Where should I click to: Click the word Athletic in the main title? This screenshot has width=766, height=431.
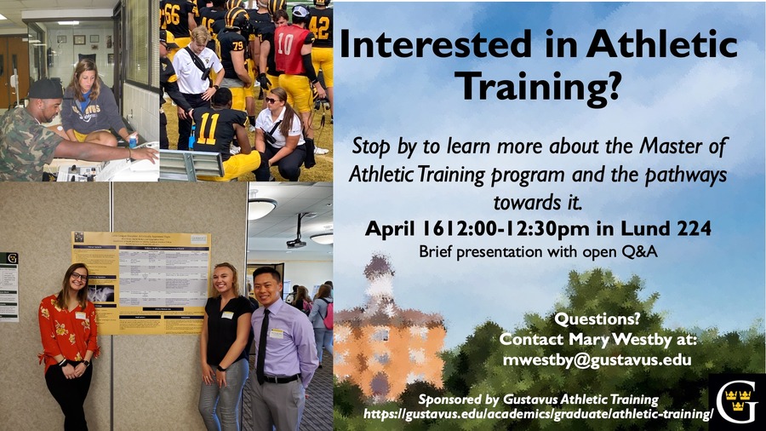click(x=662, y=44)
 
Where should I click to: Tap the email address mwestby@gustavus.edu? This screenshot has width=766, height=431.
click(x=597, y=360)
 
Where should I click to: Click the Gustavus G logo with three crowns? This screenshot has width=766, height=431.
click(x=737, y=402)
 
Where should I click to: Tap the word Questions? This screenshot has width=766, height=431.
click(x=597, y=319)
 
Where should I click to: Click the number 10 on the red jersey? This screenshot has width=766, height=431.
click(x=286, y=44)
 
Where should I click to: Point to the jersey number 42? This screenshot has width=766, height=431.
click(x=318, y=27)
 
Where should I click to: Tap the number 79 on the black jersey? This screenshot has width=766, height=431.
click(x=237, y=45)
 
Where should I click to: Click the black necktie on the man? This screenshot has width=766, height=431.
click(x=263, y=346)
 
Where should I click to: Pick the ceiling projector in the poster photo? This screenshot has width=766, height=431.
click(x=297, y=241)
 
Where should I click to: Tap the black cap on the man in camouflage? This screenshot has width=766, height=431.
click(x=45, y=89)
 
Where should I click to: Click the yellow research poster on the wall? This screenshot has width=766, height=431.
click(x=141, y=283)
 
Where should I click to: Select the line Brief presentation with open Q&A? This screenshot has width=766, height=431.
click(x=538, y=252)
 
